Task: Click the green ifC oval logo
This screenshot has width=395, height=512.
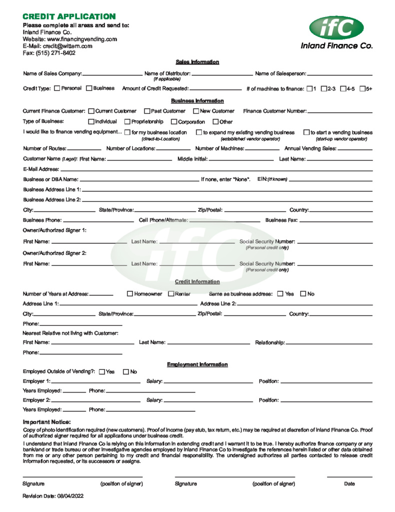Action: (336, 27)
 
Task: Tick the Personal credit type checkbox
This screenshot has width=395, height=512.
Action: (57, 88)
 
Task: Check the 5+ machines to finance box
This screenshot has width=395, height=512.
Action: (362, 89)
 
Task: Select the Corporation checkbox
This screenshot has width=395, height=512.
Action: (174, 121)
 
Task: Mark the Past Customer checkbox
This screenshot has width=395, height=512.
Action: (147, 111)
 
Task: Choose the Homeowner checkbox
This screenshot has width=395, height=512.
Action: (130, 293)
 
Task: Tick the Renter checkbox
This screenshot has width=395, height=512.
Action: (171, 293)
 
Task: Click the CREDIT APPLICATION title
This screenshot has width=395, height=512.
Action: (69, 17)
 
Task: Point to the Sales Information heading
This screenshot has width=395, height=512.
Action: (197, 62)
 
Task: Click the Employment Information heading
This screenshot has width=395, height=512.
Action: (197, 364)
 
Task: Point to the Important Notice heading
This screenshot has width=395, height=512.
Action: (47, 422)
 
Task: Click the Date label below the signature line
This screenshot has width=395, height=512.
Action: (350, 483)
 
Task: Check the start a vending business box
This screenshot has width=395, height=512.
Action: (306, 132)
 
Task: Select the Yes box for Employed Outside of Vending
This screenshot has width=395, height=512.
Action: (102, 371)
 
